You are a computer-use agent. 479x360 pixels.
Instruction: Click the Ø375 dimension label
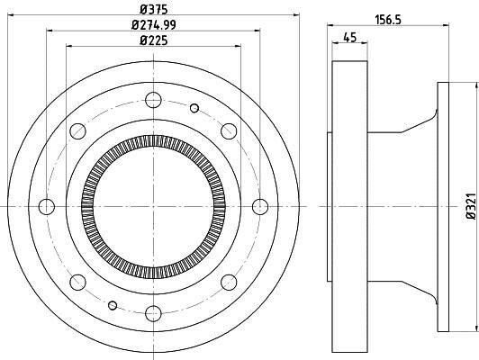[154, 10]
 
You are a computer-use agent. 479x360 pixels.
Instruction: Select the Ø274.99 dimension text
[154, 24]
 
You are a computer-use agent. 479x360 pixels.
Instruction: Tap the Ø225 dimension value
[154, 40]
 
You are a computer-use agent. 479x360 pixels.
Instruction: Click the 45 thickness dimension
[349, 38]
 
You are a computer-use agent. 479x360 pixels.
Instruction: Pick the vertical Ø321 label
[472, 206]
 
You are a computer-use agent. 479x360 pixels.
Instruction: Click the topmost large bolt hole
[153, 100]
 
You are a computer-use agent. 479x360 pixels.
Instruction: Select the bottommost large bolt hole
[153, 313]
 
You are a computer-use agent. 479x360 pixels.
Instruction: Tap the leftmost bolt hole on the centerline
[47, 207]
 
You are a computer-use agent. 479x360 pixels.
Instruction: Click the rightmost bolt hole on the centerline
[260, 207]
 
